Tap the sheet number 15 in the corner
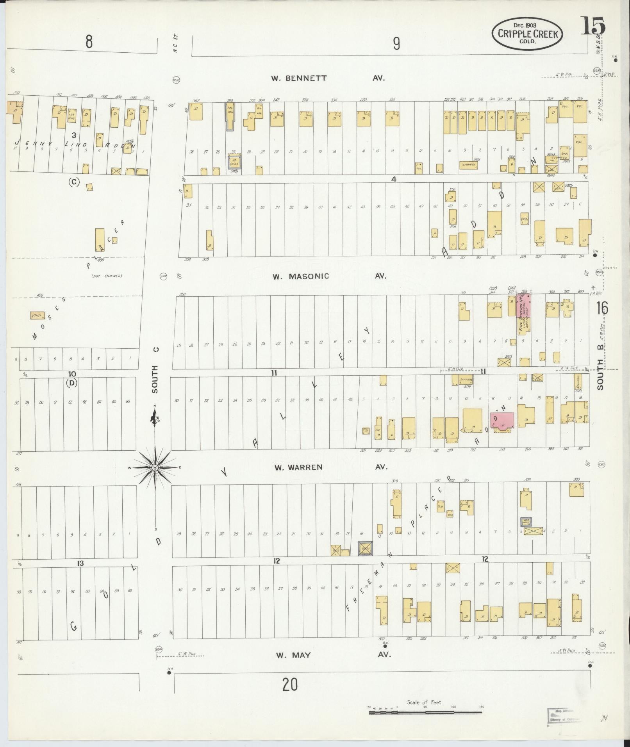(593, 26)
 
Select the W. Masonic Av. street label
(329, 276)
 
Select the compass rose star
(155, 467)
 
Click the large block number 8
(89, 42)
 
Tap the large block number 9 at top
(396, 44)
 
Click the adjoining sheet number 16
(602, 308)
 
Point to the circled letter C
(73, 182)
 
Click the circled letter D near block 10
(72, 383)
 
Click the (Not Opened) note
(107, 276)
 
